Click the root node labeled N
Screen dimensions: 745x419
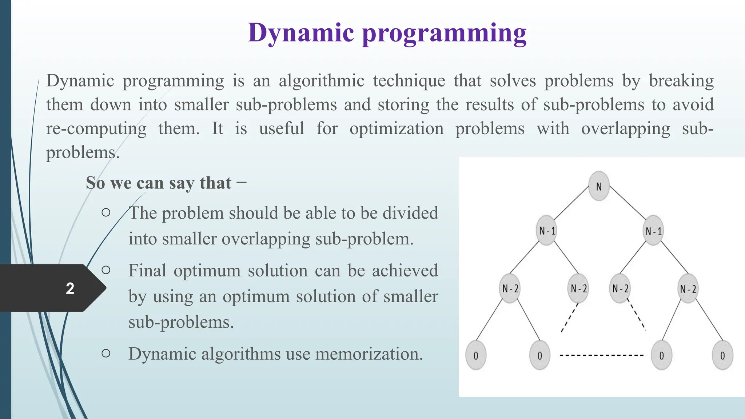[x=599, y=186]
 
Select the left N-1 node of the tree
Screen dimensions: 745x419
[x=547, y=231]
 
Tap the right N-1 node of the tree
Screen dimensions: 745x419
[x=653, y=231]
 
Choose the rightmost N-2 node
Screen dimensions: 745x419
[x=688, y=289]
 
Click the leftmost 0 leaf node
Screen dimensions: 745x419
[x=475, y=355]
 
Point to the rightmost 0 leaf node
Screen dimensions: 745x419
[x=722, y=355]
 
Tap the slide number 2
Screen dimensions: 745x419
[x=70, y=288]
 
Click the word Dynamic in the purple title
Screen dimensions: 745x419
[x=300, y=33]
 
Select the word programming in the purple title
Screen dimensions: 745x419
[x=444, y=34]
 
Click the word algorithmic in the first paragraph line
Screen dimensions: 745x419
[x=321, y=81]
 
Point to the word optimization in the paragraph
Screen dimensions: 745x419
[x=397, y=129]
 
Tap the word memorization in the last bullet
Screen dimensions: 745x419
[x=368, y=354]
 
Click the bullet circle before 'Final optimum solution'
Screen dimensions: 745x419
[x=106, y=270]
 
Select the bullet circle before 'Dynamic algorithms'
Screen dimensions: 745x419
[x=106, y=353]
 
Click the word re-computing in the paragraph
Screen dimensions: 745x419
[x=96, y=129]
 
